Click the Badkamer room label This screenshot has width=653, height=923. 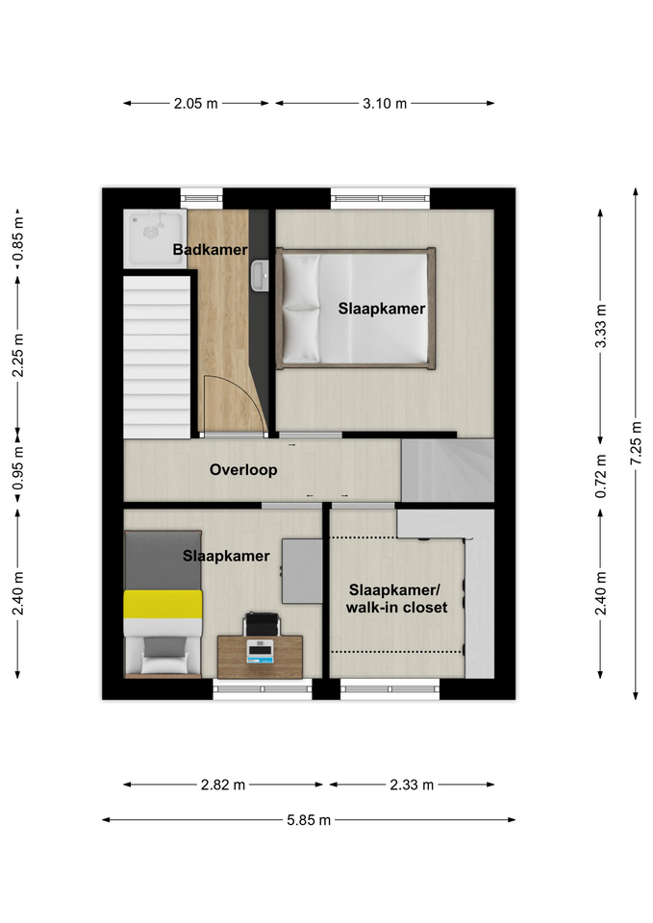click(210, 250)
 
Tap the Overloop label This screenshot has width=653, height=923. click(243, 470)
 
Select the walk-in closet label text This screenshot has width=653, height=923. click(396, 608)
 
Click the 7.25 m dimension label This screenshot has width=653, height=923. click(636, 443)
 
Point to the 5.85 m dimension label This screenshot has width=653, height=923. click(309, 820)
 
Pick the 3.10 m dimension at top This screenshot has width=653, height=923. click(385, 104)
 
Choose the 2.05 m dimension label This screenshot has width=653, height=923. click(195, 104)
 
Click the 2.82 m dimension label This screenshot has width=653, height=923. click(223, 785)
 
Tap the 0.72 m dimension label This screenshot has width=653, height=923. click(600, 476)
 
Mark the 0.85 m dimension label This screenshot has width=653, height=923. click(18, 239)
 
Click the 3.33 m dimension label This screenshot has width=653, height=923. click(600, 326)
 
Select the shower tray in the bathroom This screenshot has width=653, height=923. click(154, 238)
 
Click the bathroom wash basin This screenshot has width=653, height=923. click(259, 276)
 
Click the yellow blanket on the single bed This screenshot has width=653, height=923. click(163, 605)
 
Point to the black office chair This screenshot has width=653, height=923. click(261, 624)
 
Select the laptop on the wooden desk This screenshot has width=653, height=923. click(260, 651)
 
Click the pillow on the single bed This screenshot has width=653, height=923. click(164, 663)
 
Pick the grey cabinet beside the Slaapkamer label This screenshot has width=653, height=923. click(302, 571)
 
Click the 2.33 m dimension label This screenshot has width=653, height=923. click(412, 785)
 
